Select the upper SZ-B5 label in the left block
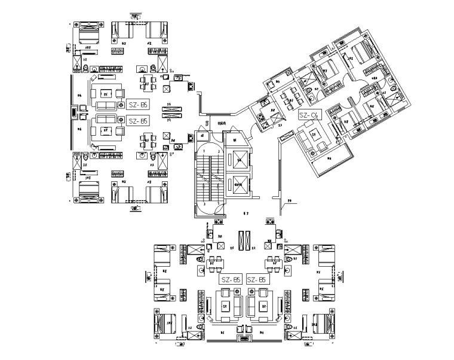139,105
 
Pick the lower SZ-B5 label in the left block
139,121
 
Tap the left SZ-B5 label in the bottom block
231,279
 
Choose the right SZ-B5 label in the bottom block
256,279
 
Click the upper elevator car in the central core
240,159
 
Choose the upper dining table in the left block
148,80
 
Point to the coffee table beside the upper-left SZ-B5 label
106,93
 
